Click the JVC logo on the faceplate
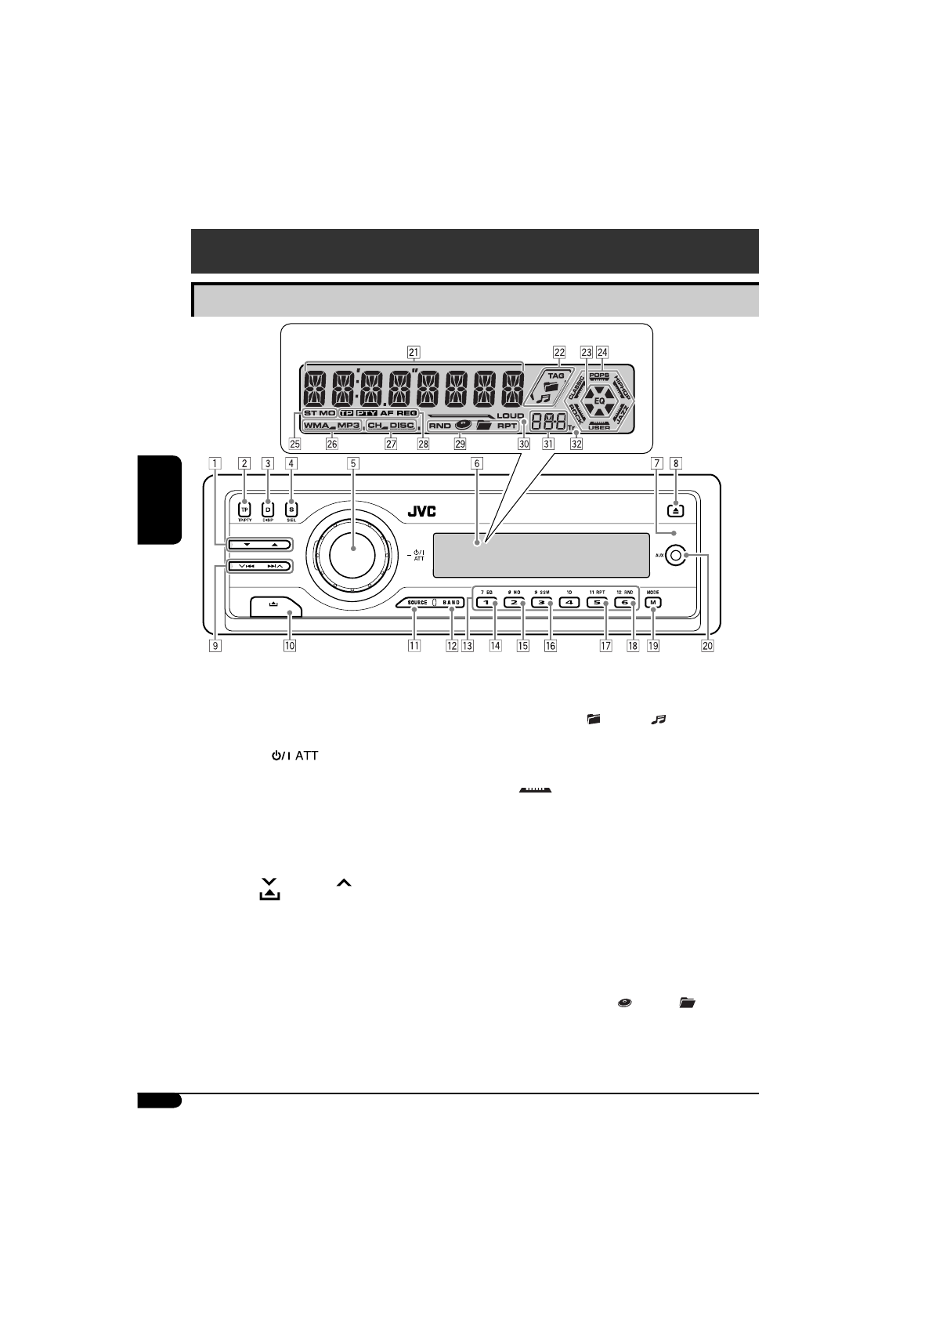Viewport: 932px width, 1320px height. (422, 512)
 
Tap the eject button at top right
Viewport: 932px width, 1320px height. (677, 510)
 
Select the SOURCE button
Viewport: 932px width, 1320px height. (417, 603)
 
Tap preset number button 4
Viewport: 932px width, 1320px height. (569, 603)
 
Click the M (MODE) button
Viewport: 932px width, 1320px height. (652, 603)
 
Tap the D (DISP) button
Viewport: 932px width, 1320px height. (268, 509)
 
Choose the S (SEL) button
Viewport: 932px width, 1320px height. (291, 509)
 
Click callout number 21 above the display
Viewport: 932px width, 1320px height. (414, 352)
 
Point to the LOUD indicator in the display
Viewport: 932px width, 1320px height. (510, 415)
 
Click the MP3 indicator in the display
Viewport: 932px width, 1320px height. (349, 426)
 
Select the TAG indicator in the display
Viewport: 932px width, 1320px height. (555, 375)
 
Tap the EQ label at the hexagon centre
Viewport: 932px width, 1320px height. (599, 400)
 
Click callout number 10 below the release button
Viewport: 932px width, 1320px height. (290, 647)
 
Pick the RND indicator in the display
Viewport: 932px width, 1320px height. (440, 426)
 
